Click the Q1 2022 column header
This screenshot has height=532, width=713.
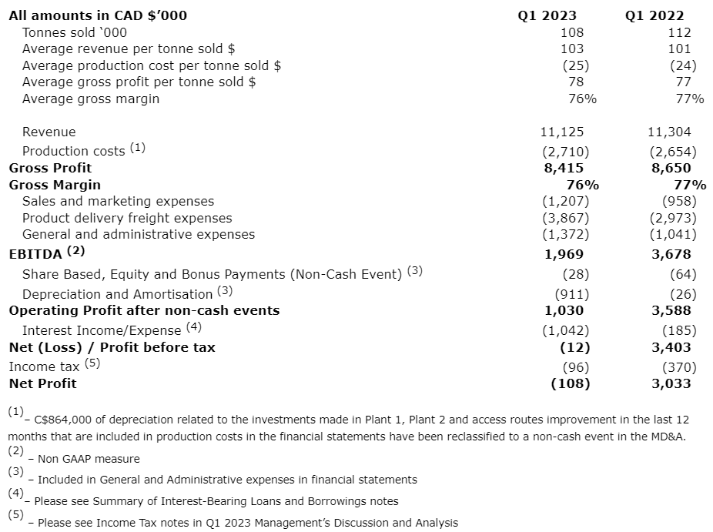pos(654,15)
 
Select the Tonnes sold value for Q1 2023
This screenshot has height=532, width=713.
pos(573,32)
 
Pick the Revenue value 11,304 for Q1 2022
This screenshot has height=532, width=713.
pos(669,132)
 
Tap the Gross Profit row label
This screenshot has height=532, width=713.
pos(50,168)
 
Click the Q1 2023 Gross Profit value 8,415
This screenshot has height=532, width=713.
pos(564,168)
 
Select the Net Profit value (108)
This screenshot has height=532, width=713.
pos(571,383)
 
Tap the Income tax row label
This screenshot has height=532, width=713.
pos(44,366)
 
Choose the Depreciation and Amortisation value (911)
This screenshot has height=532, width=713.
pos(572,294)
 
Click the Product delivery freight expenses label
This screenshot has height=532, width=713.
pos(127,218)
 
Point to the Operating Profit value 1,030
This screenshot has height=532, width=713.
pos(564,310)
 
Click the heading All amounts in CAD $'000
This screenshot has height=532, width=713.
pos(98,15)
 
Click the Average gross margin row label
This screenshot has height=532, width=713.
pos(91,99)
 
